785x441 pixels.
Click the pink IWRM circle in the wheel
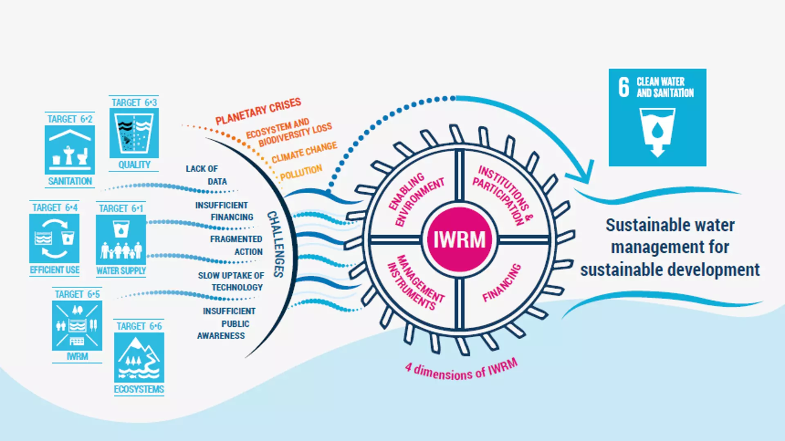pyautogui.click(x=459, y=239)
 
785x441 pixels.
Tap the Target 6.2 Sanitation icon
pyautogui.click(x=70, y=150)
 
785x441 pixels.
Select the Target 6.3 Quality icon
pyautogui.click(x=134, y=133)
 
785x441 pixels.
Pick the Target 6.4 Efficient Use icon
pyautogui.click(x=54, y=238)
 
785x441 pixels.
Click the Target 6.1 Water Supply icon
pyautogui.click(x=121, y=240)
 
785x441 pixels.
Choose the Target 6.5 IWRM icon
pyautogui.click(x=77, y=326)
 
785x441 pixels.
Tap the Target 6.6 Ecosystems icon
pyautogui.click(x=139, y=357)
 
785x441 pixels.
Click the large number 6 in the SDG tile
pyautogui.click(x=624, y=87)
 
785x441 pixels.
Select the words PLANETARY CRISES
pyautogui.click(x=258, y=111)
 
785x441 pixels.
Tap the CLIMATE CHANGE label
pyautogui.click(x=304, y=152)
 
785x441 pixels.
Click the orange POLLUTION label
pyautogui.click(x=301, y=172)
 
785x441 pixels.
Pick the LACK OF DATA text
pyautogui.click(x=206, y=175)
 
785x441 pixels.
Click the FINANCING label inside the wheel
pyautogui.click(x=502, y=283)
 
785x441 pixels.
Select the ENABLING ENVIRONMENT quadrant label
pyautogui.click(x=416, y=199)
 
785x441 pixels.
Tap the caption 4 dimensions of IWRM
pyautogui.click(x=461, y=370)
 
